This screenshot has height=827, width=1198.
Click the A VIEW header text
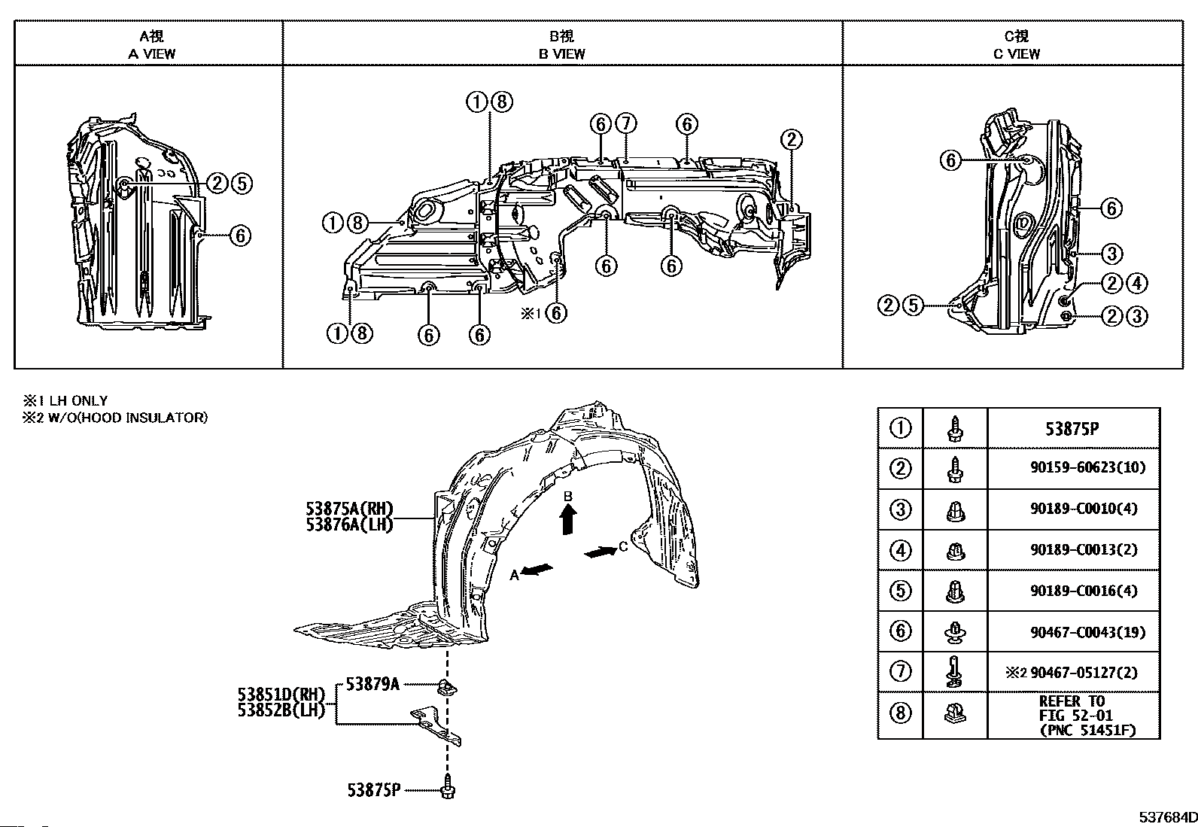[151, 54]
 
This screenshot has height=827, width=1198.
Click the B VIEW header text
[561, 54]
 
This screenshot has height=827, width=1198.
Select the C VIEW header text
[1016, 54]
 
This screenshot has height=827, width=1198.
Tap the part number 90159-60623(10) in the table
[1088, 467]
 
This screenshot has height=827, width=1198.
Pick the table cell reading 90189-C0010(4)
[1084, 508]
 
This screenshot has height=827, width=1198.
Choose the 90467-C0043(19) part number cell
[1088, 632]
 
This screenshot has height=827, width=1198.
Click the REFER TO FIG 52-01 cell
[1087, 715]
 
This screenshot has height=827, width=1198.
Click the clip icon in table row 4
[955, 550]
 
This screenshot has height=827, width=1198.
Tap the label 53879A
[372, 684]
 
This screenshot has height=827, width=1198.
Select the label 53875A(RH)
[350, 508]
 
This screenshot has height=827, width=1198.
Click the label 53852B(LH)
[281, 710]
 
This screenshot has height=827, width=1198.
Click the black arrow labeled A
[537, 570]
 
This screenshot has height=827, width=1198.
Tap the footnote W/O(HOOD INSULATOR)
[127, 417]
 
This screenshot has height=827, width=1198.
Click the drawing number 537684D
[1168, 817]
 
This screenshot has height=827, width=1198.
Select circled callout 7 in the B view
[626, 123]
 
